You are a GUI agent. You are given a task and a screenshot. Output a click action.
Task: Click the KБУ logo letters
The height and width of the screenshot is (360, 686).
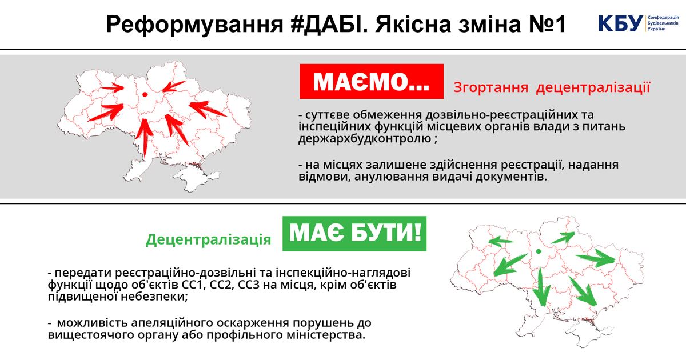621,23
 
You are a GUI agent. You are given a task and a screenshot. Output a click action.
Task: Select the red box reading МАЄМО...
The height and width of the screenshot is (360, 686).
372,81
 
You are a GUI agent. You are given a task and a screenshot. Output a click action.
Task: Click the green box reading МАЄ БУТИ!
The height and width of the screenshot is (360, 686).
354,234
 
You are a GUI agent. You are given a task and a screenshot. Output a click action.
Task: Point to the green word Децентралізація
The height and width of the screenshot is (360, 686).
208,239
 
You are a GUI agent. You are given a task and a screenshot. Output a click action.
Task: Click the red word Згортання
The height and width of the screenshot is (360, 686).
490,87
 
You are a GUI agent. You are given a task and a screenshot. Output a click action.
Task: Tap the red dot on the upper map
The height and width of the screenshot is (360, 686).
145,95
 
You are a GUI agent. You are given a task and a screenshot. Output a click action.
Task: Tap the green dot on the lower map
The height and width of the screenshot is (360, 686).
539,251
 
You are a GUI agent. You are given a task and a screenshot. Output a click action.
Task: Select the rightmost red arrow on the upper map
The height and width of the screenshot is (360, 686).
208,109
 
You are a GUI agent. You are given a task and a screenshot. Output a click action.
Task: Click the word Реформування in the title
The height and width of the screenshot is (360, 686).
195,25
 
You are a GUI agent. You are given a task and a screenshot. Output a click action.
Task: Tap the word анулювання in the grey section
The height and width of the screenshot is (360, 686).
392,177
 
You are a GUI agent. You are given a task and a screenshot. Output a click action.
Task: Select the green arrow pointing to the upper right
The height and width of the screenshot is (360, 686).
563,238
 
